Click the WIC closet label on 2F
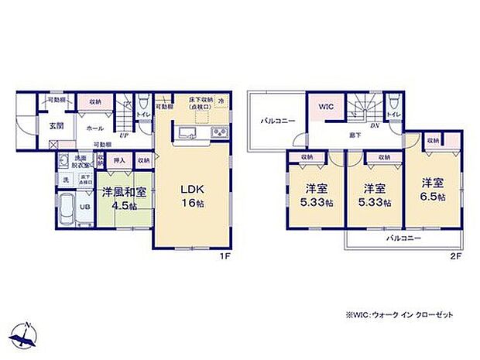pyautogui.click(x=324, y=108)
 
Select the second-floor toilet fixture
pyautogui.click(x=393, y=101)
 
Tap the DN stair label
pyautogui.click(x=373, y=126)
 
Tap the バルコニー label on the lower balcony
pyautogui.click(x=404, y=238)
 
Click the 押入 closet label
pyautogui.click(x=119, y=160)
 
